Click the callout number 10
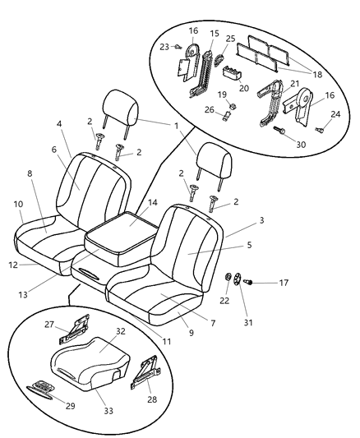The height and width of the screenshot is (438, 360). pos(19,204)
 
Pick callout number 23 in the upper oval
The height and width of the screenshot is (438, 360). pos(164,47)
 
